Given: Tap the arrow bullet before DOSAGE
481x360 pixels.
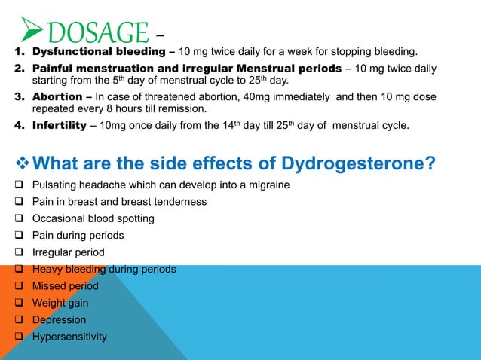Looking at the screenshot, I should pos(32,31).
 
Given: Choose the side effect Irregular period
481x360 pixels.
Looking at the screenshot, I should pos(69,252).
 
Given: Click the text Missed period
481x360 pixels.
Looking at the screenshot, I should pos(66,286).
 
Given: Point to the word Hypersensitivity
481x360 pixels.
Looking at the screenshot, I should pos(70,337).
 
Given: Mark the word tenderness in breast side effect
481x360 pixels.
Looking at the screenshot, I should pos(179,202).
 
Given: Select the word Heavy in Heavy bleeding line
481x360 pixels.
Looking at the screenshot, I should pos(47,270).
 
